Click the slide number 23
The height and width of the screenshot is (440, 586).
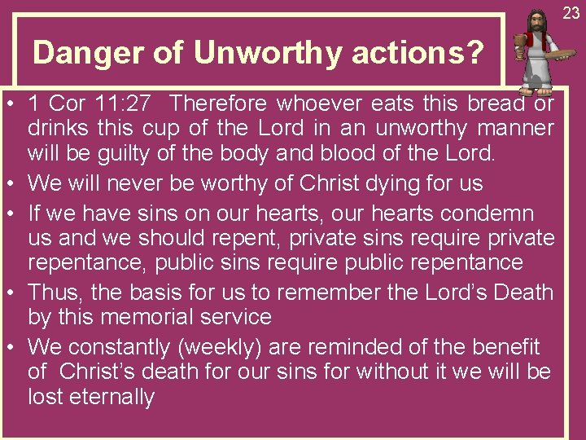click(x=571, y=13)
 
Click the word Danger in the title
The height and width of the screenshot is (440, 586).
click(x=76, y=54)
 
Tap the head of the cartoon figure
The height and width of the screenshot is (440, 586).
click(x=536, y=22)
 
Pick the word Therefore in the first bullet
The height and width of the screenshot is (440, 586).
click(x=220, y=104)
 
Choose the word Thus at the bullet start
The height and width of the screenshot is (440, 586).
click(x=55, y=293)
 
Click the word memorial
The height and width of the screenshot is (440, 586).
click(x=143, y=317)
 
